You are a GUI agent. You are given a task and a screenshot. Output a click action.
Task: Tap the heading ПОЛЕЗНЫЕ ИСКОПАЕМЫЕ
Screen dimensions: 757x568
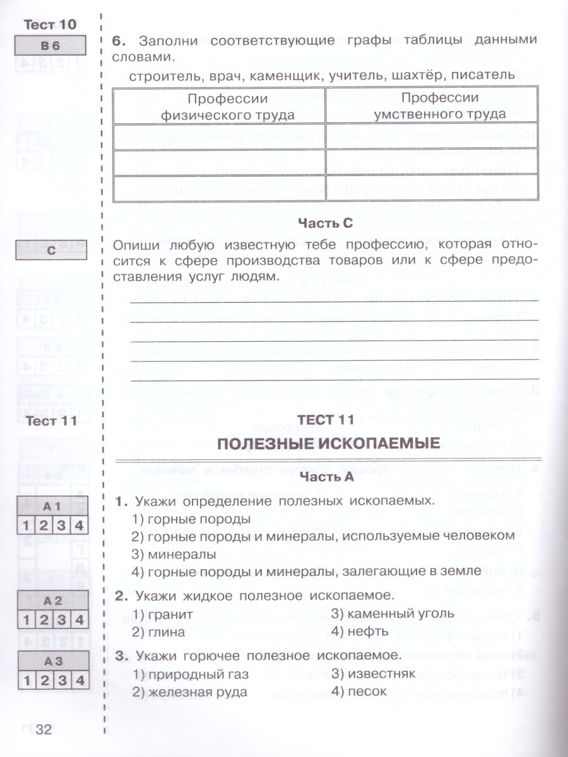pyautogui.click(x=328, y=443)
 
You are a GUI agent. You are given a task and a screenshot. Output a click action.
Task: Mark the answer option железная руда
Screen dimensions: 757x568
pyautogui.click(x=189, y=691)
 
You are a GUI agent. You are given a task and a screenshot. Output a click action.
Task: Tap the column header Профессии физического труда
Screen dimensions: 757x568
pyautogui.click(x=219, y=107)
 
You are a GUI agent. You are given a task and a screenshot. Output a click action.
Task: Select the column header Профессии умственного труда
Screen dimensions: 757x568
pyautogui.click(x=432, y=106)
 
